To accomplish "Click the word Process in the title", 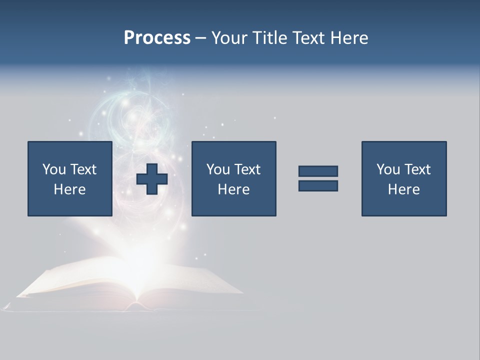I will (x=157, y=38).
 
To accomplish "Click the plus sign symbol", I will (x=152, y=179).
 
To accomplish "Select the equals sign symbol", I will (x=318, y=178).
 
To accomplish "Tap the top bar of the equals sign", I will (x=318, y=171).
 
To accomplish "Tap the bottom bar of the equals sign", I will (x=318, y=186).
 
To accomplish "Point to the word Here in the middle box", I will (x=233, y=189).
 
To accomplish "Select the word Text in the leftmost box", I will (x=83, y=169).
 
